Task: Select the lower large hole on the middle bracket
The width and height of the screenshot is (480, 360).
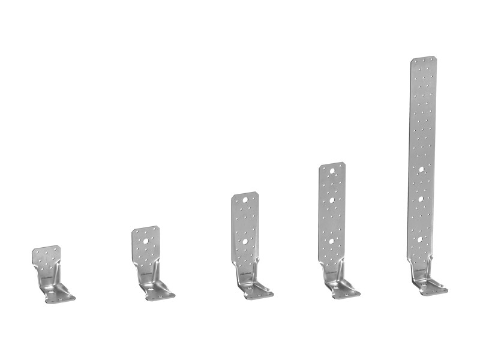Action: click(x=245, y=241)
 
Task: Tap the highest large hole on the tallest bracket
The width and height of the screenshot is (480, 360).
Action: click(x=423, y=169)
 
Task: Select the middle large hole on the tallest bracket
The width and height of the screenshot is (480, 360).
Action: click(x=422, y=198)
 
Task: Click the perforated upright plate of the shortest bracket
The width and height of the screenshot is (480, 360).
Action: click(x=46, y=259)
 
